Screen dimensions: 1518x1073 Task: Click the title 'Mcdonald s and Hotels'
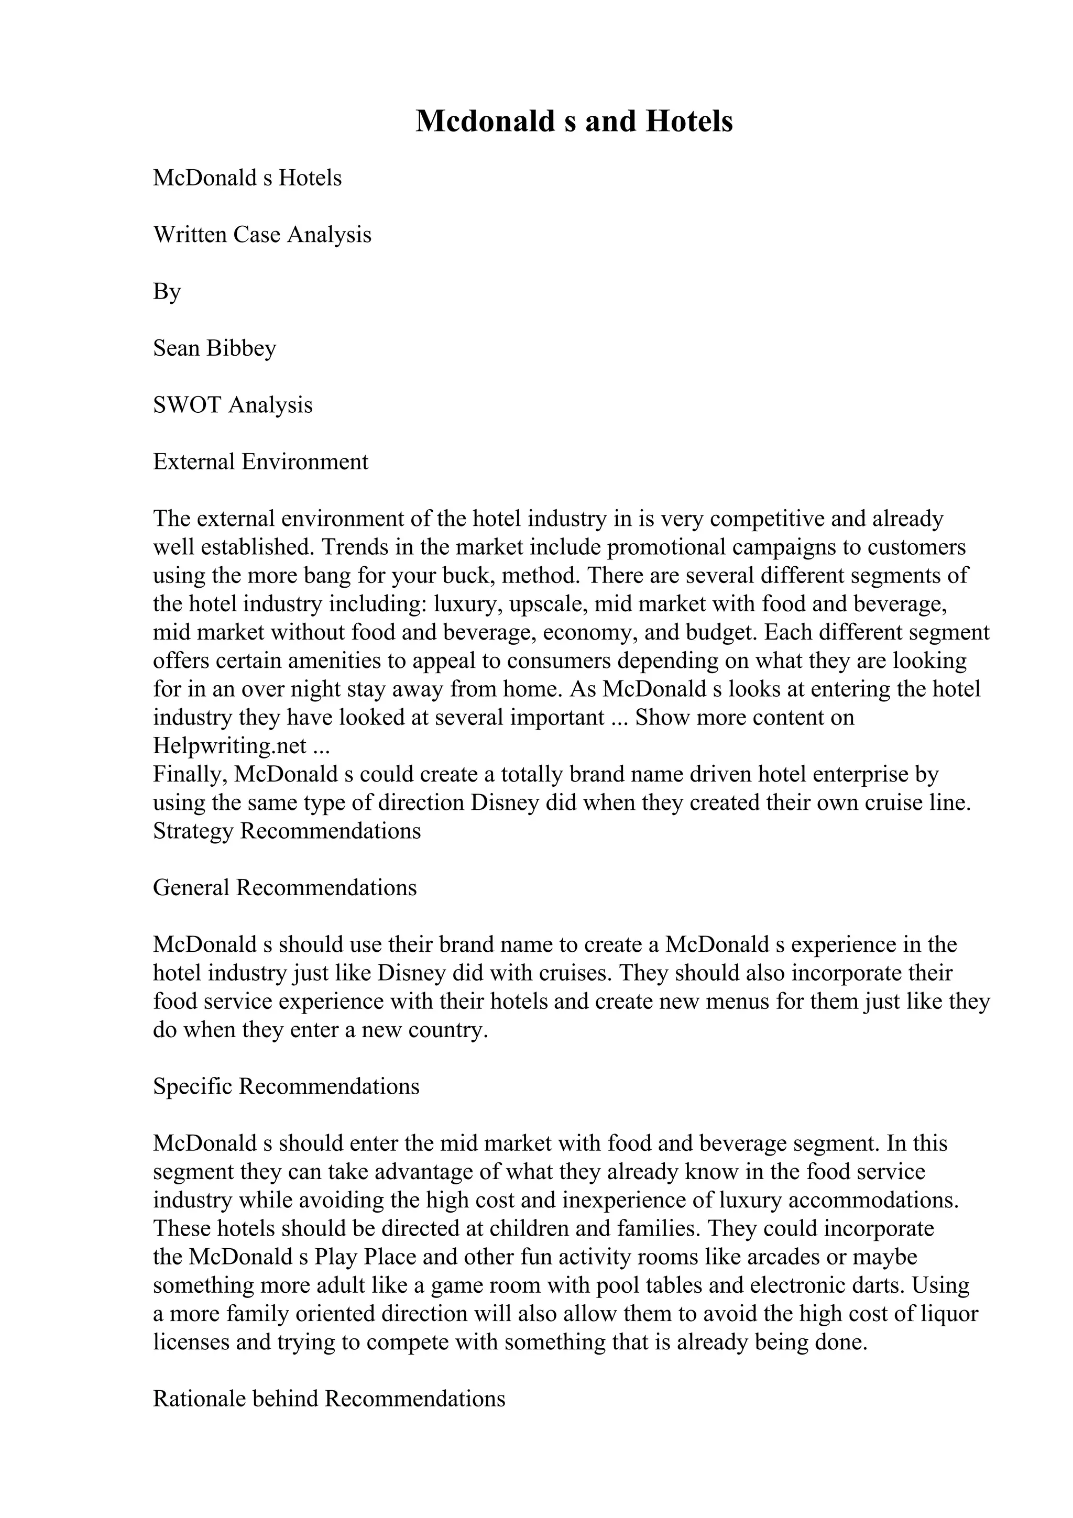573,122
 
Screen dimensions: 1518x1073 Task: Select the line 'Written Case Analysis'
262,235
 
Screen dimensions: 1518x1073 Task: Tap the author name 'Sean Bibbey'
214,348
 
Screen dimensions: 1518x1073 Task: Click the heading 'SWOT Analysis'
233,404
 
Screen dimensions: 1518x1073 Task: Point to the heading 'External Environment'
260,461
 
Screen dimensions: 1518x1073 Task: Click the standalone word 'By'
167,292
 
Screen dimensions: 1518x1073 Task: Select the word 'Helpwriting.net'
229,746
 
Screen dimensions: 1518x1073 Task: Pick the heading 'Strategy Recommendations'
287,831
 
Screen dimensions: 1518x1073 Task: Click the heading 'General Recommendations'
285,888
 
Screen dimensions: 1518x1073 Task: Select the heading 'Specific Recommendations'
286,1086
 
